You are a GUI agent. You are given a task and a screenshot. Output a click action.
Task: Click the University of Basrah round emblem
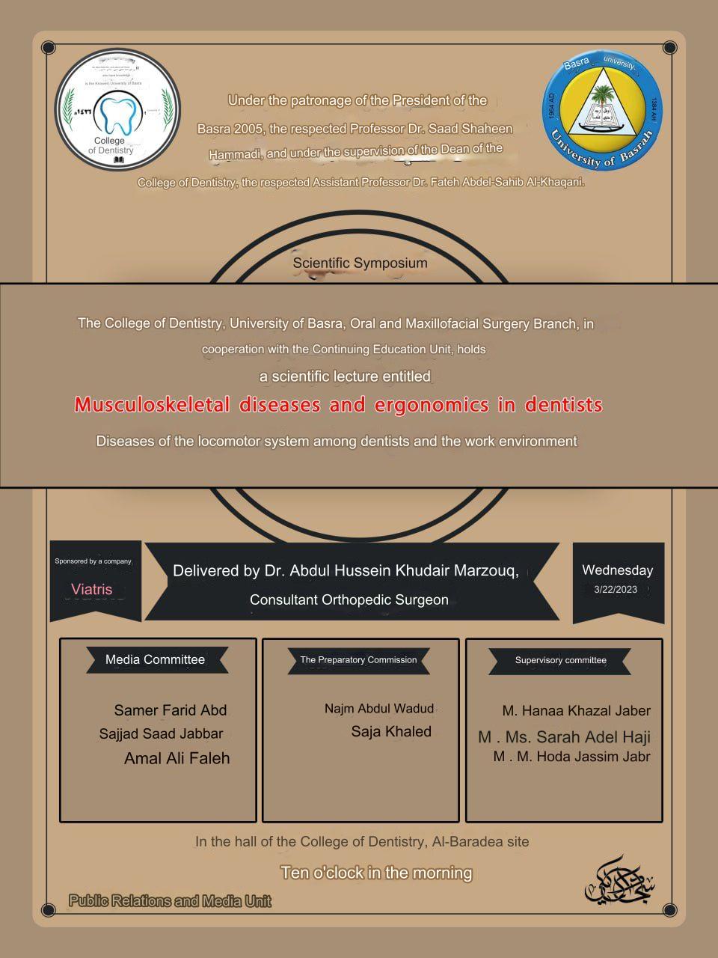(x=603, y=111)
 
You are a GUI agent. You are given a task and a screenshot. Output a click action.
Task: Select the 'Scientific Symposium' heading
(x=360, y=263)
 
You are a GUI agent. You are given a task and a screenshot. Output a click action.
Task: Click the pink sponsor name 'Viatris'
(x=92, y=589)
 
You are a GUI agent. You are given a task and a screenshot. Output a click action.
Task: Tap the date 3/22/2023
(x=616, y=589)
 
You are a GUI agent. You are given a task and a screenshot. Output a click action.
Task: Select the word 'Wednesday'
(x=617, y=570)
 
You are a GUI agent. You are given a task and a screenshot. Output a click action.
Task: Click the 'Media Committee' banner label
(x=155, y=659)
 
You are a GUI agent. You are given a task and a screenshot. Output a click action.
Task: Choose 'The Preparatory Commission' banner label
(x=358, y=660)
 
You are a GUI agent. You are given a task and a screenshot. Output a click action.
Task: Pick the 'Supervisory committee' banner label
(x=560, y=660)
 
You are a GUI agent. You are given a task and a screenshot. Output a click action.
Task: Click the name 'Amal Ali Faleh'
(x=177, y=758)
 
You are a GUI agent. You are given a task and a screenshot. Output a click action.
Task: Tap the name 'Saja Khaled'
(x=391, y=732)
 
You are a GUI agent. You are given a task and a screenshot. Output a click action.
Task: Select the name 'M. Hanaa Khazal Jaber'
(x=576, y=711)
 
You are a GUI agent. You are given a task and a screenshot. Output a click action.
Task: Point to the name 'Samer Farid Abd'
(x=170, y=710)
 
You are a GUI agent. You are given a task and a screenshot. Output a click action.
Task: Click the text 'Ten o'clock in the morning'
(x=376, y=873)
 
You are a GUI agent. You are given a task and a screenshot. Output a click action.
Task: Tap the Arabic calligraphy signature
(x=619, y=880)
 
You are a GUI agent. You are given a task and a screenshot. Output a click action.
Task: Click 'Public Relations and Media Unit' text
(x=170, y=901)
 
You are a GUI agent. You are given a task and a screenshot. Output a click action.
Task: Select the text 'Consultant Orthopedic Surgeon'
(x=349, y=600)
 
